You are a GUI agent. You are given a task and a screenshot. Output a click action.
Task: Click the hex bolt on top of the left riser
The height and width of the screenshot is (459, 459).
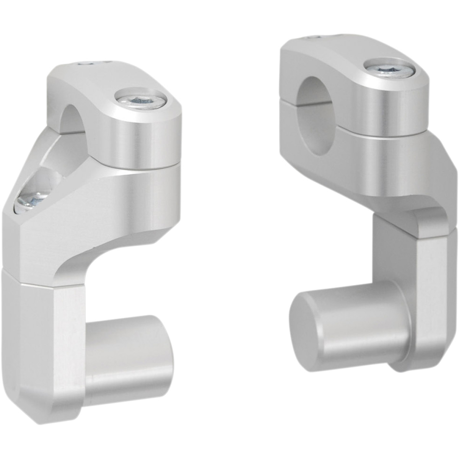[142, 100]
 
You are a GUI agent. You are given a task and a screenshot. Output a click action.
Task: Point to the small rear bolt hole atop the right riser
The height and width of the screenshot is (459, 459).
[315, 37]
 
